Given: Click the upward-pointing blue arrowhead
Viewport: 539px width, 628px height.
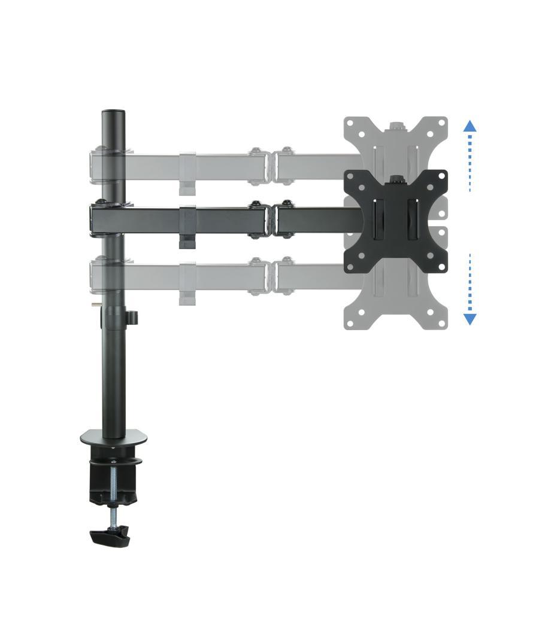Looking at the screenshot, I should tap(470, 126).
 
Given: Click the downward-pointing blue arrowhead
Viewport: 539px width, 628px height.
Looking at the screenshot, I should tap(470, 319).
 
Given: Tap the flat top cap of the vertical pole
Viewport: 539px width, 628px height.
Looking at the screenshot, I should tap(113, 112).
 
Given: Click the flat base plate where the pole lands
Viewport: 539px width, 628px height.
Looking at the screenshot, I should tap(113, 439).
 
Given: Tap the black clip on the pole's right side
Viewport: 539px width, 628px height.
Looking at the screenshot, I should tap(132, 316).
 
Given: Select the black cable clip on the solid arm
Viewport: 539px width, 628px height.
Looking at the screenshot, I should tap(187, 227).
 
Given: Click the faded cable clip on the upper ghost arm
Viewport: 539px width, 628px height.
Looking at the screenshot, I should tap(187, 173).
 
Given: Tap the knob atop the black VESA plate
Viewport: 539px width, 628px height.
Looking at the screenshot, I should tap(395, 178).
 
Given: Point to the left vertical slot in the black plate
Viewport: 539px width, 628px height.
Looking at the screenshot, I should tap(378, 220).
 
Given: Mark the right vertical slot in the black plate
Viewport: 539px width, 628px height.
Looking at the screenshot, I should tap(412, 220).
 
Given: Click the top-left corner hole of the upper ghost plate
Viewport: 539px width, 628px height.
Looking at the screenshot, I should tap(350, 123).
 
